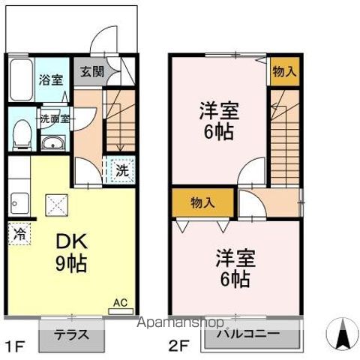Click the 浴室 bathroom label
pyautogui.click(x=52, y=79)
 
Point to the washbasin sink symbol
pyautogui.click(x=52, y=144)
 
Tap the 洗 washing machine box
pyautogui.click(x=121, y=169)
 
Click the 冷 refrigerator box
pyautogui.click(x=20, y=233)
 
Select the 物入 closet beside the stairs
pyautogui.click(x=283, y=72)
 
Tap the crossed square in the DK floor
pyautogui.click(x=56, y=202)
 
